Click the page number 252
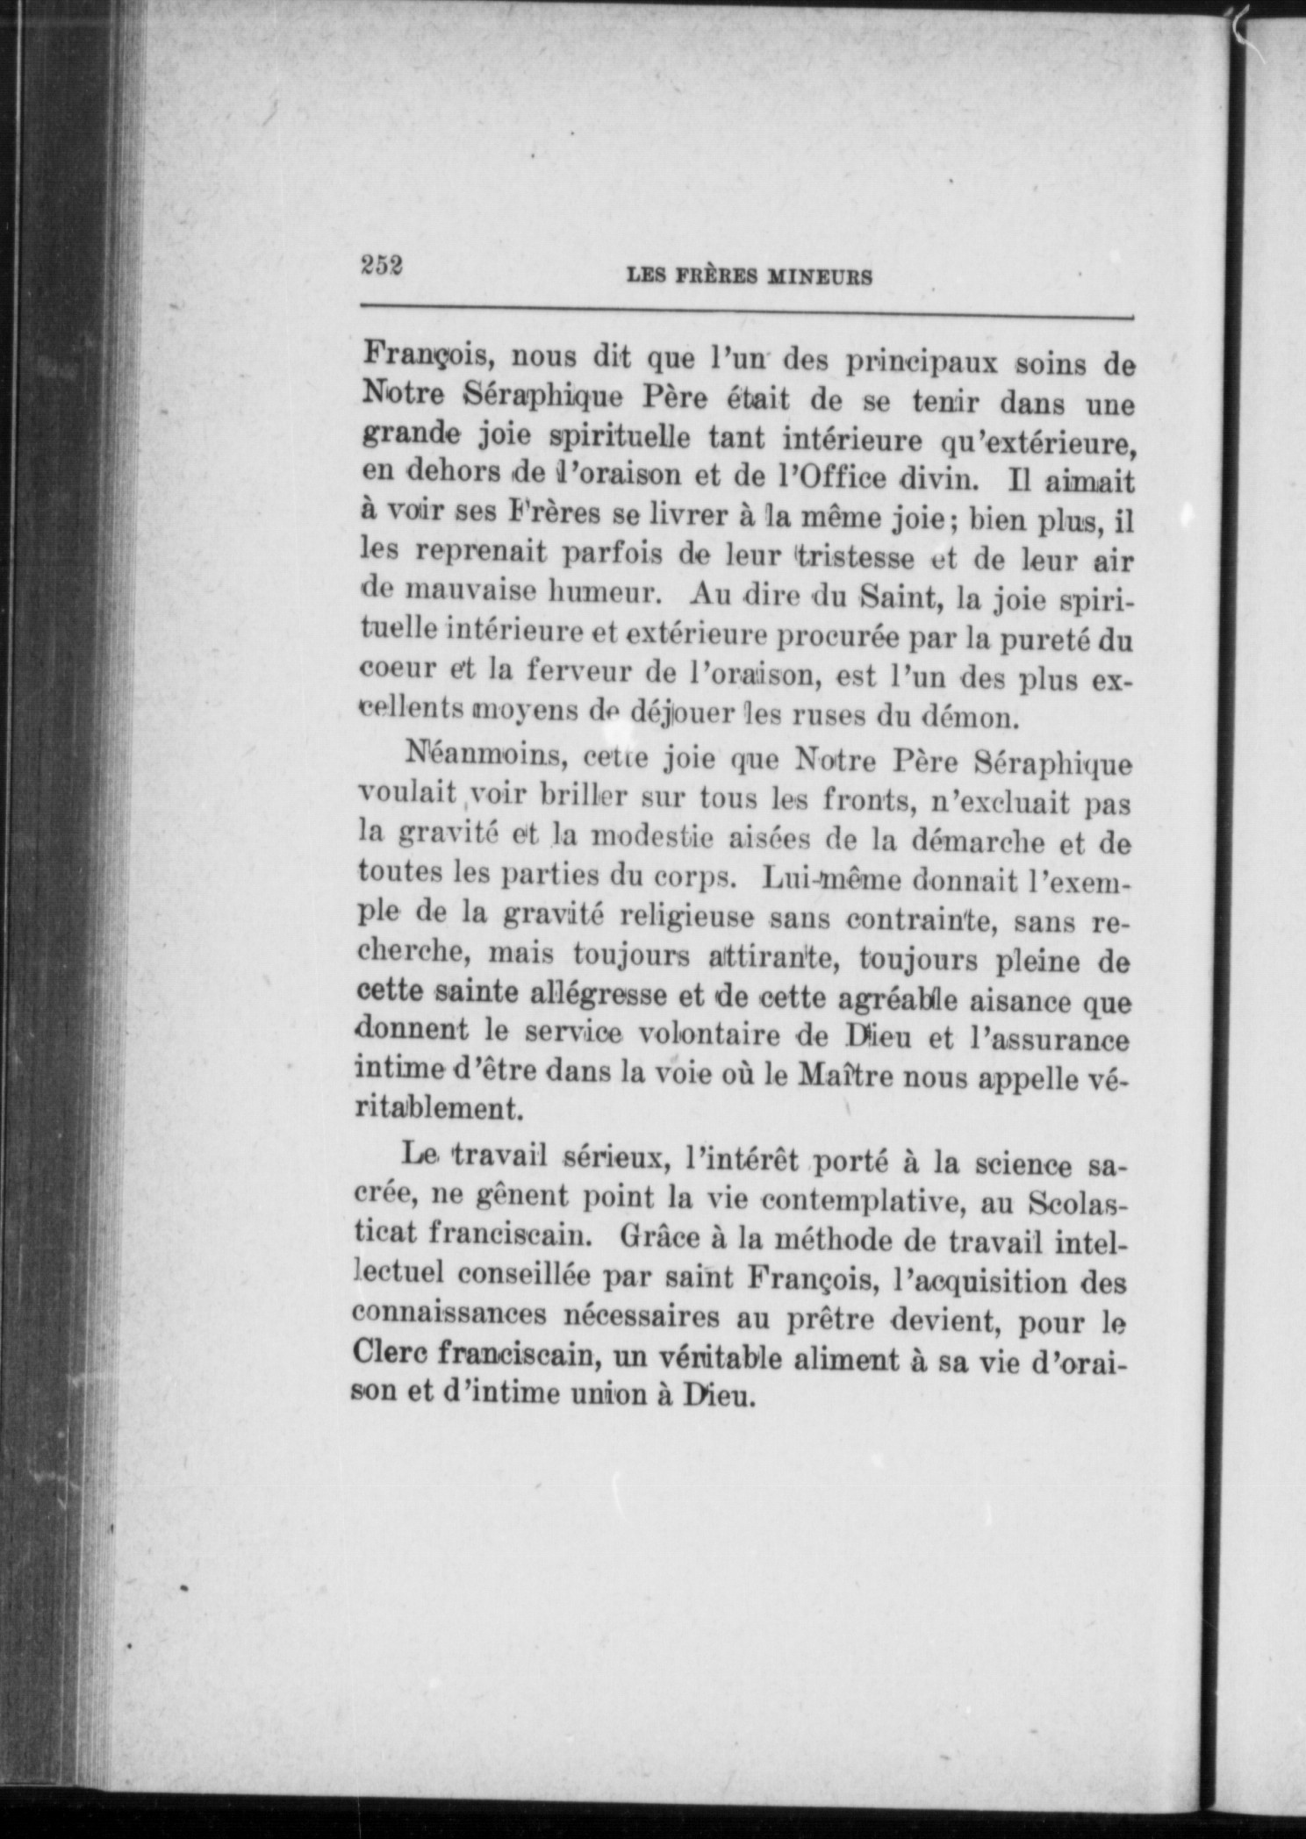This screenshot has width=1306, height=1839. tap(380, 265)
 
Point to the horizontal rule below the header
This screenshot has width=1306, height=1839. tap(746, 310)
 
